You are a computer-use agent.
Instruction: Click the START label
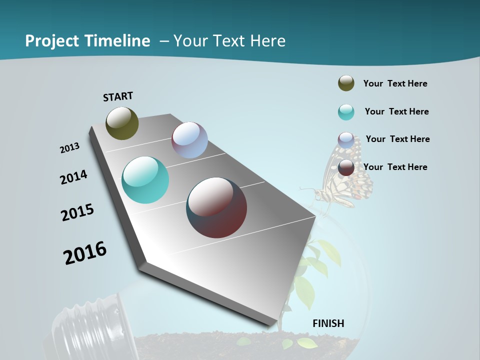118,96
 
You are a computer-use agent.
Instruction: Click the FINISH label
328,323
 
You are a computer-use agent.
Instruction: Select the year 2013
69,148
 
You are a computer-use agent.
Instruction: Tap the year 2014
73,177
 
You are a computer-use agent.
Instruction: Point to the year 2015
77,212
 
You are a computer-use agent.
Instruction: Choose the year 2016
85,252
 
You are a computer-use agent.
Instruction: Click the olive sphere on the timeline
122,123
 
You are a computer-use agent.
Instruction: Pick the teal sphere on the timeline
145,180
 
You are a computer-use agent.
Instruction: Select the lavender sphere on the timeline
189,140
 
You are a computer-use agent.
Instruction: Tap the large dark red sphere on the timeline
216,207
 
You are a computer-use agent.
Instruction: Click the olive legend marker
346,83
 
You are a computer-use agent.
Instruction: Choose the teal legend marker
346,112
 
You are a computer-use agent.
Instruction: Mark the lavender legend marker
346,140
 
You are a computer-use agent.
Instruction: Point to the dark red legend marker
346,167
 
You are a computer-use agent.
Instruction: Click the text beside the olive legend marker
395,83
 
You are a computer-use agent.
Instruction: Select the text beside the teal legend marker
396,111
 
